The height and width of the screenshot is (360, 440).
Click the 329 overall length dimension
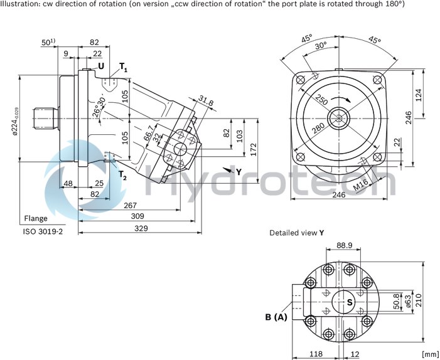pos(141,229)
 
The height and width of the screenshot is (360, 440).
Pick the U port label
pos(100,65)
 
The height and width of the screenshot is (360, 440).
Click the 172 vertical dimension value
pos(253,149)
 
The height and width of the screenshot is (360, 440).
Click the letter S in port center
pos(350,303)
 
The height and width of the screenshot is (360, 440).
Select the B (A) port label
pos(276,317)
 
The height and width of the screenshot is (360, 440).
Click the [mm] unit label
pos(430,354)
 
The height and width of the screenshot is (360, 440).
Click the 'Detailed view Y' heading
pos(297,232)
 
